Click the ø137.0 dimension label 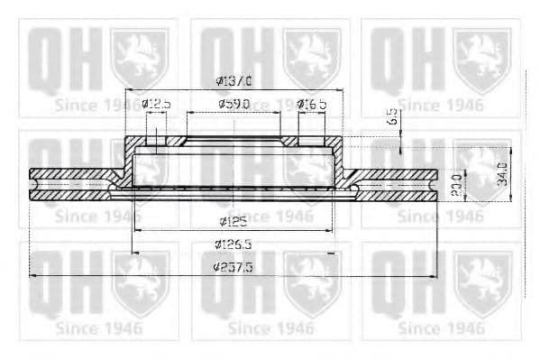tap(233, 81)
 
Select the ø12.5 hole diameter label tap(155, 105)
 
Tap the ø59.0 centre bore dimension tap(233, 105)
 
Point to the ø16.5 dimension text tap(311, 105)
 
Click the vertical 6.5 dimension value tap(391, 116)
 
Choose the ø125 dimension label tap(233, 221)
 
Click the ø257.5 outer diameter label tap(233, 268)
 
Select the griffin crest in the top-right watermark tap(481, 56)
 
